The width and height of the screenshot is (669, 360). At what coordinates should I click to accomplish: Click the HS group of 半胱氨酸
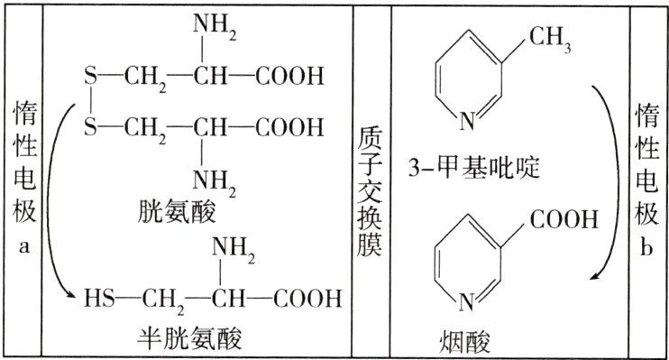coord(96,297)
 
